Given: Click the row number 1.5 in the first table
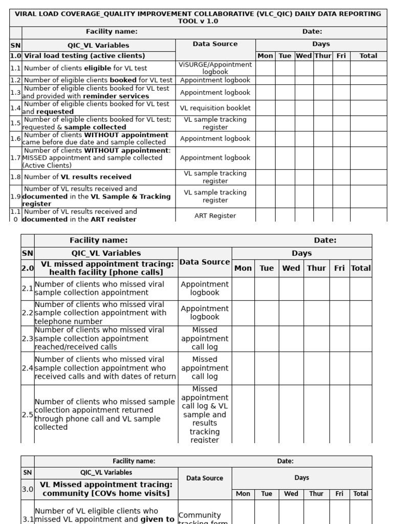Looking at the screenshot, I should pyautogui.click(x=15, y=123).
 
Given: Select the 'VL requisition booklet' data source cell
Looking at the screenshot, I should pyautogui.click(x=215, y=108).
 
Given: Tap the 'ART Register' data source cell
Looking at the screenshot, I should pyautogui.click(x=215, y=216).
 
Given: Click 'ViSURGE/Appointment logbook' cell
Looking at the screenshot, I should pyautogui.click(x=215, y=68).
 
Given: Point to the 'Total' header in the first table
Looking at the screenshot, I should pyautogui.click(x=368, y=56).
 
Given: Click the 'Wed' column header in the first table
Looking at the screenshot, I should pyautogui.click(x=303, y=56).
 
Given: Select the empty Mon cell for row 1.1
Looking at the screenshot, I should pyautogui.click(x=265, y=68).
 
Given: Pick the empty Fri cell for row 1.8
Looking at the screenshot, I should pyautogui.click(x=341, y=177).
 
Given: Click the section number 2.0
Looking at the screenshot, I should pyautogui.click(x=27, y=268).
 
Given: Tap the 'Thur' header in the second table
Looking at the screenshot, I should pyautogui.click(x=316, y=268).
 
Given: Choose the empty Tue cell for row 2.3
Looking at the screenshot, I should pyautogui.click(x=267, y=339).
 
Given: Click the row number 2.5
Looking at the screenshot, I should pyautogui.click(x=28, y=414).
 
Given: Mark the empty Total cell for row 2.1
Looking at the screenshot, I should pyautogui.click(x=361, y=289).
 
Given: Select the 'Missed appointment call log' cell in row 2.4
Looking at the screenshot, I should pyautogui.click(x=205, y=368).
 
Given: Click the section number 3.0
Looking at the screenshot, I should pyautogui.click(x=27, y=489).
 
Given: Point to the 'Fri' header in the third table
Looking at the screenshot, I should pyautogui.click(x=339, y=494).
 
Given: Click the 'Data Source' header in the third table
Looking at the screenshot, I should pyautogui.click(x=205, y=478).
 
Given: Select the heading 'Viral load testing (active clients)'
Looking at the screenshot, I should pyautogui.click(x=84, y=56).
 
